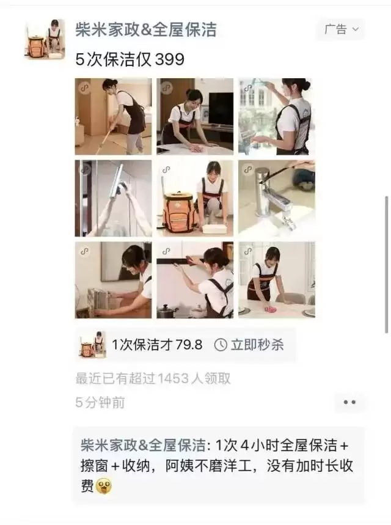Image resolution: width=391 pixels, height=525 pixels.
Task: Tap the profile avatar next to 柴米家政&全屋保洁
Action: [45, 39]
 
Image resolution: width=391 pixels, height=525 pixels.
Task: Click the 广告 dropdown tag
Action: [341, 29]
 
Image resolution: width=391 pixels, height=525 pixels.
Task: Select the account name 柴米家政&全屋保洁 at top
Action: [145, 29]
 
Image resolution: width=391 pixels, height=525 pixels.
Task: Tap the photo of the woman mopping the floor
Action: [113, 116]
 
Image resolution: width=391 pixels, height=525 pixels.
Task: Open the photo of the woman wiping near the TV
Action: [195, 116]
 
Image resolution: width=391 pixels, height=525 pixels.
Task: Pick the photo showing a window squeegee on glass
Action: [113, 198]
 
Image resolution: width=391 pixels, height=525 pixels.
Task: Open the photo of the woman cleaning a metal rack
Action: [113, 280]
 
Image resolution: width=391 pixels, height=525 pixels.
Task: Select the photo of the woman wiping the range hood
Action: [195, 280]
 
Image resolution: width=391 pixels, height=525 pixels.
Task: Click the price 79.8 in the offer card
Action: [189, 345]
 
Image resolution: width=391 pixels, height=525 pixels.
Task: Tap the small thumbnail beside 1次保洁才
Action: [92, 345]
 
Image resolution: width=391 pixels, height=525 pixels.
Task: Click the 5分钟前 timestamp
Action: [101, 402]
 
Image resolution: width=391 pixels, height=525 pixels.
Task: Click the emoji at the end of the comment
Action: [104, 486]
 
